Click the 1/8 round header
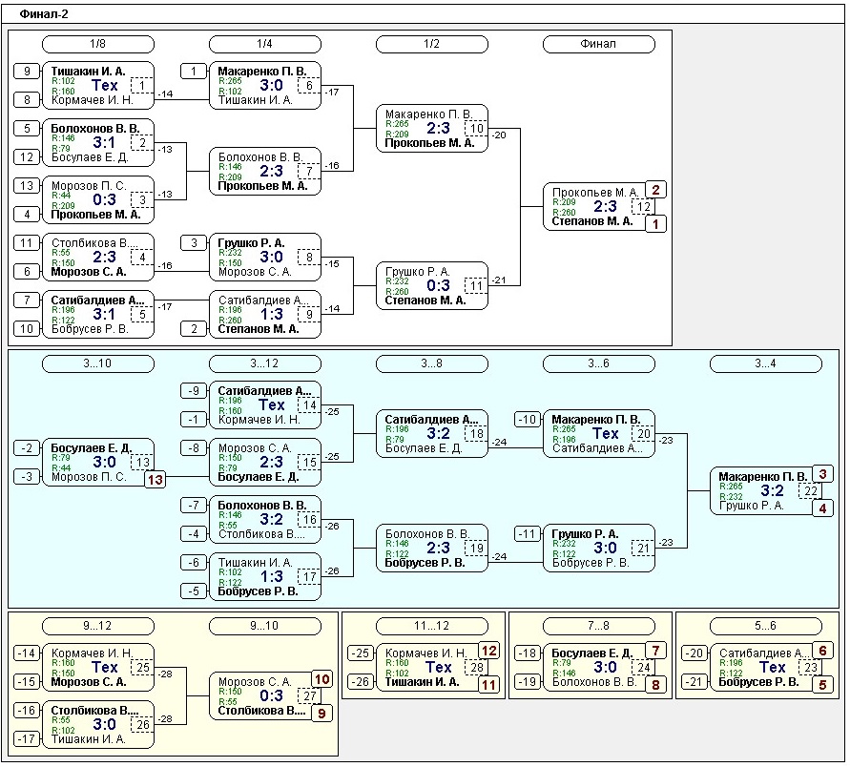[98, 44]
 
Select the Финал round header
[598, 44]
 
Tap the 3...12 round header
[265, 363]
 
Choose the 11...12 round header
[431, 626]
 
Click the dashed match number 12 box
[645, 206]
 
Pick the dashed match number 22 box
[811, 490]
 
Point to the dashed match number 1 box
[142, 86]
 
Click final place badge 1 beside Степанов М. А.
[655, 224]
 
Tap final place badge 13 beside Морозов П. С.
[155, 480]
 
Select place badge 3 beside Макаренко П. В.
[823, 474]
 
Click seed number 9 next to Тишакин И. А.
[28, 71]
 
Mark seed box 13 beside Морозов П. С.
[28, 185]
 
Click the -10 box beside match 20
[528, 420]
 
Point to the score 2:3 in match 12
[605, 206]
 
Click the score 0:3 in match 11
[438, 285]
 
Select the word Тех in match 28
[438, 667]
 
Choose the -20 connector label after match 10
[500, 135]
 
